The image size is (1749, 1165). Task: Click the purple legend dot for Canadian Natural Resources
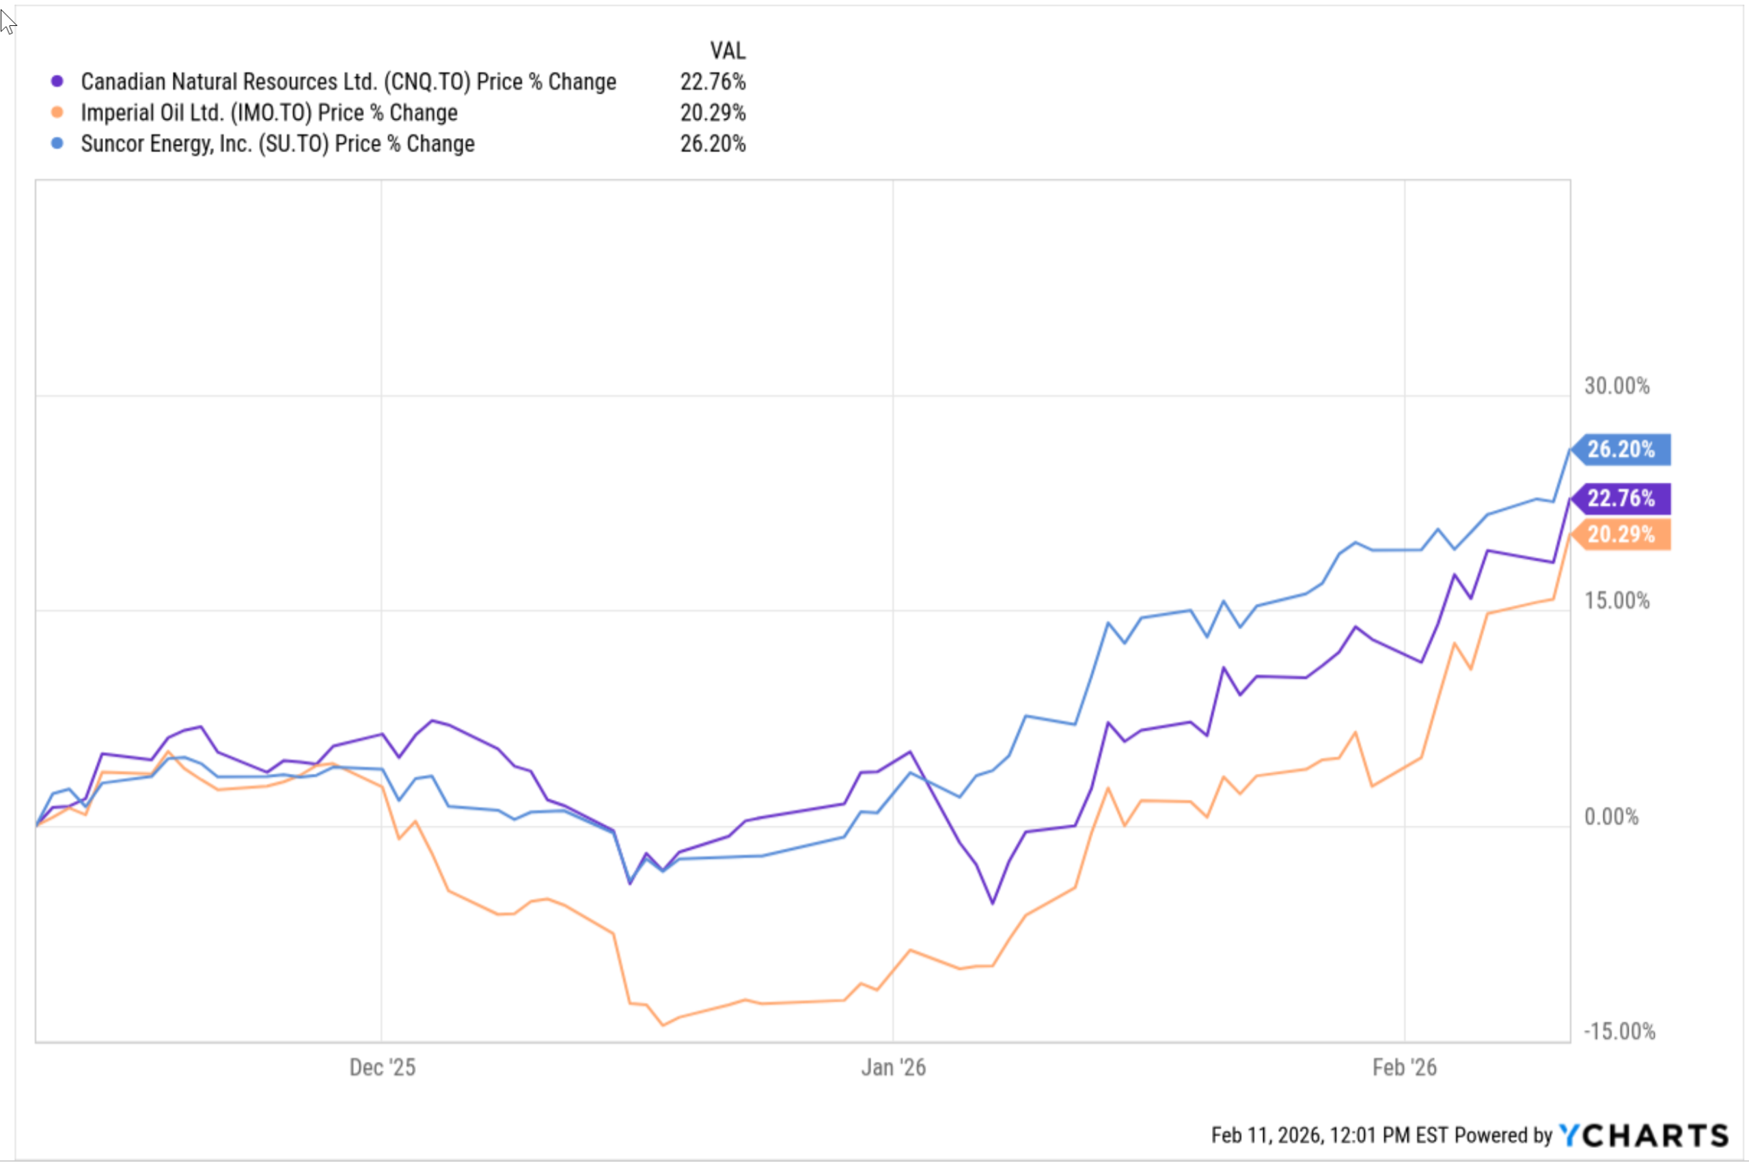[x=57, y=81]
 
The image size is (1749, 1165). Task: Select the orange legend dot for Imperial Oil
[x=57, y=112]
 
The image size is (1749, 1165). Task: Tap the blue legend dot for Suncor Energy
[x=57, y=143]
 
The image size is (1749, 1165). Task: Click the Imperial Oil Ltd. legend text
[x=268, y=112]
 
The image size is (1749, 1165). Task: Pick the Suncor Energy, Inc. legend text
[x=277, y=143]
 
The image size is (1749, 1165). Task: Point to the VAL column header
[x=727, y=51]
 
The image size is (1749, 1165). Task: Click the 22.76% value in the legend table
[x=712, y=81]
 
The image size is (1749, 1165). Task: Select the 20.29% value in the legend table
[x=712, y=112]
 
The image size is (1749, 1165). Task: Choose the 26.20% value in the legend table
[x=712, y=143]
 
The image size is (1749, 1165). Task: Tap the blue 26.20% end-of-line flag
[x=1621, y=449]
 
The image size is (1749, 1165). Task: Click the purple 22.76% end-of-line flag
[x=1621, y=498]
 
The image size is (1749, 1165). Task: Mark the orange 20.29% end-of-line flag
[x=1621, y=534]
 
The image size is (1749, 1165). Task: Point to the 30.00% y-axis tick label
[x=1616, y=386]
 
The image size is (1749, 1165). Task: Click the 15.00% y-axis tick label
[x=1616, y=600]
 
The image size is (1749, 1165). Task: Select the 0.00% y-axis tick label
[x=1612, y=817]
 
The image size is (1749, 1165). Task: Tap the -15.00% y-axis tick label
[x=1619, y=1031]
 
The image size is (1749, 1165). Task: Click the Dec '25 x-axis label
[x=382, y=1067]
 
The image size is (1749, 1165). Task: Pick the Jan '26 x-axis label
[x=893, y=1067]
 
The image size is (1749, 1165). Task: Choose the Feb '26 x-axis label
[x=1404, y=1067]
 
